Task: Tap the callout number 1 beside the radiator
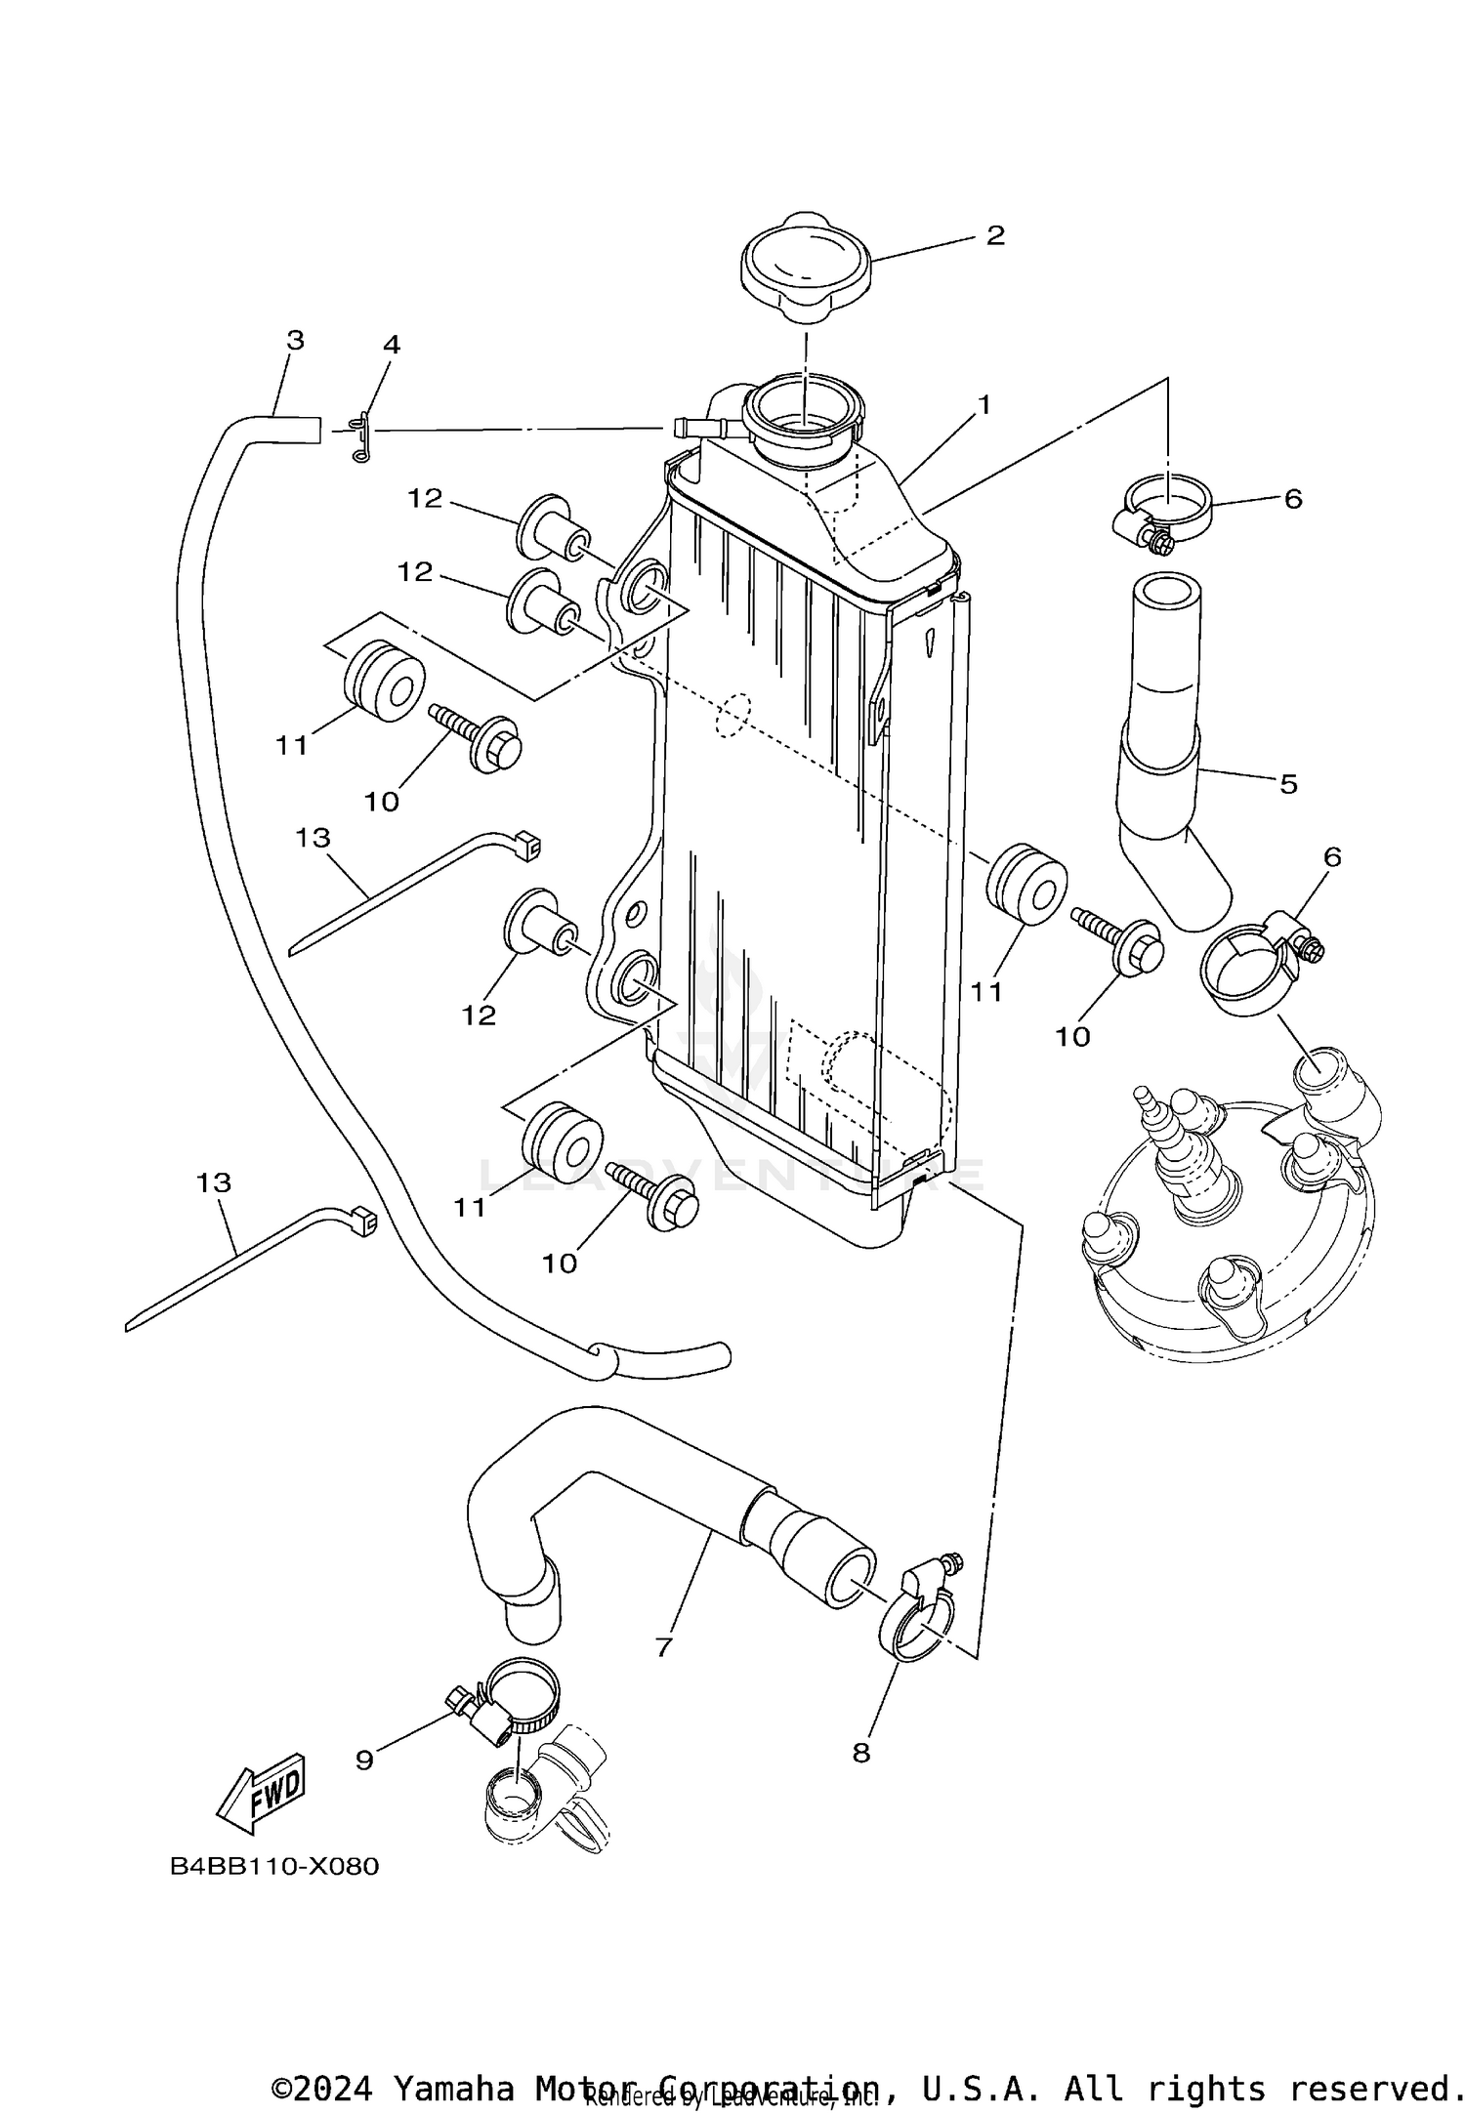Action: tap(984, 404)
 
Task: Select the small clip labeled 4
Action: tap(360, 437)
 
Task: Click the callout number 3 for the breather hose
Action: tap(295, 341)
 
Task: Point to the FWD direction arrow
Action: tap(262, 1793)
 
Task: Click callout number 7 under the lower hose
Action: tap(664, 1647)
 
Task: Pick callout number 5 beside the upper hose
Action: tap(1288, 783)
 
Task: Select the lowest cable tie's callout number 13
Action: tap(214, 1182)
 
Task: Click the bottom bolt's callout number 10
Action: tap(560, 1264)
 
